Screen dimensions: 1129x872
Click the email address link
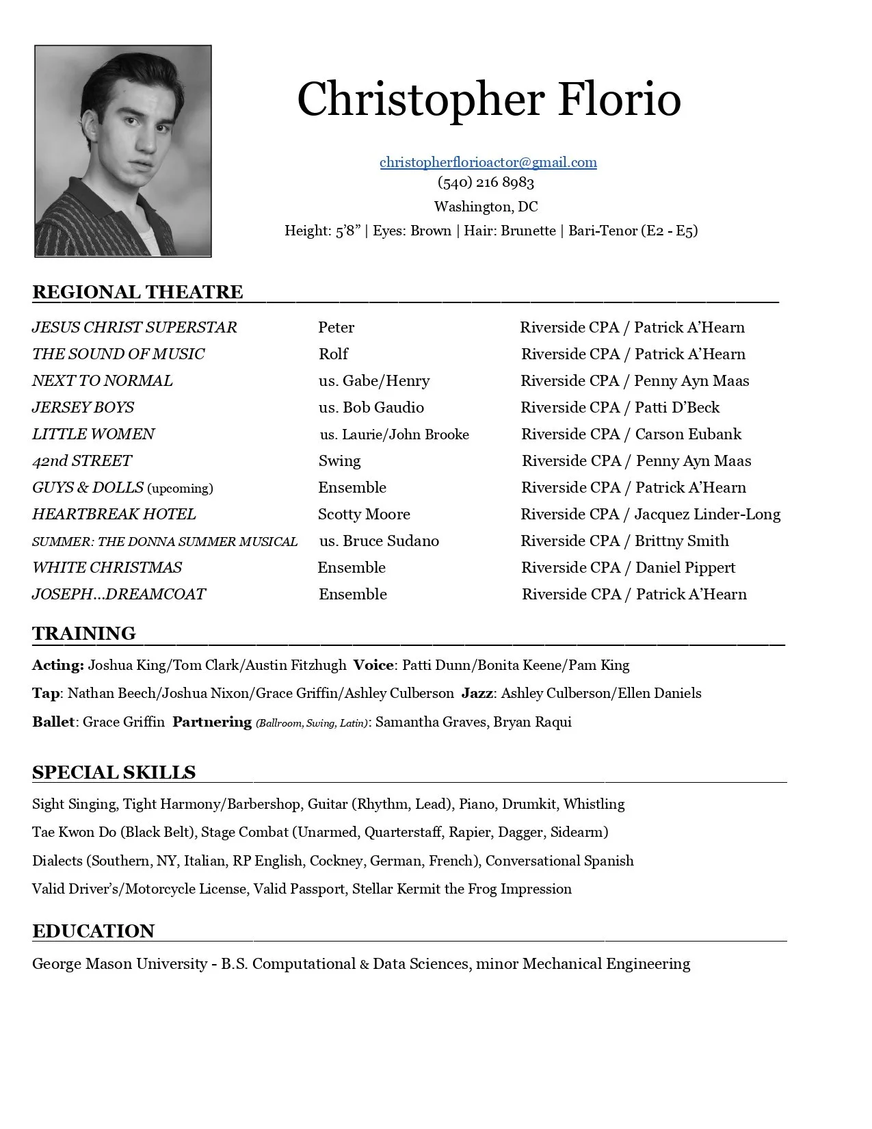[488, 162]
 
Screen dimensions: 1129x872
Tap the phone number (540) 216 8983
[486, 182]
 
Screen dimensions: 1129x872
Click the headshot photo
[123, 151]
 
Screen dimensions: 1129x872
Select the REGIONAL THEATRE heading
[137, 292]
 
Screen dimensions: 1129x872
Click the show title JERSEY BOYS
[83, 408]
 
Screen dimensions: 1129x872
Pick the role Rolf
[333, 354]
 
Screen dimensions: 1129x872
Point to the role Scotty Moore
[364, 515]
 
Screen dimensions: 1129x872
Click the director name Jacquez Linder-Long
[707, 515]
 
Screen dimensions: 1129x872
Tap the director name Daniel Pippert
[685, 568]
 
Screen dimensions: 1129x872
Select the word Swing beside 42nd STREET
[339, 461]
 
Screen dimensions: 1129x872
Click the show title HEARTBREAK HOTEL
[114, 515]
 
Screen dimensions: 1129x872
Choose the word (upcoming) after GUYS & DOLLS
[181, 489]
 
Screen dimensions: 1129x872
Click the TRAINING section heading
[84, 634]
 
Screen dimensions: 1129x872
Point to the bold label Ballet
[53, 722]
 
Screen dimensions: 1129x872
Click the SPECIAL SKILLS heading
[114, 773]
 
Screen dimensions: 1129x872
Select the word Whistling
[594, 804]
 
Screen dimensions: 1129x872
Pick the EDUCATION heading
[93, 931]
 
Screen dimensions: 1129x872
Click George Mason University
[120, 964]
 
